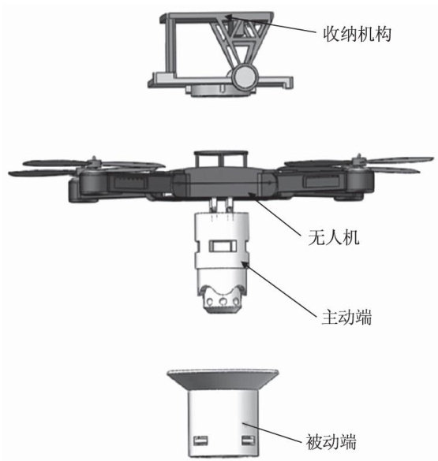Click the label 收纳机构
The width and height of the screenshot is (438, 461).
[x=357, y=35]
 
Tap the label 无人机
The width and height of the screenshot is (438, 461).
[x=334, y=237]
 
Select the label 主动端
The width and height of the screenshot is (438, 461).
[x=346, y=318]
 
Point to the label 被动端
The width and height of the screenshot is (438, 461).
[x=331, y=442]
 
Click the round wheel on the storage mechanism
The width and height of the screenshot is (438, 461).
[x=244, y=76]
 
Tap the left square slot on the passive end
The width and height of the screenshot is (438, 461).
[x=200, y=441]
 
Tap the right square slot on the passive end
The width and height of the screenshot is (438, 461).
[x=248, y=441]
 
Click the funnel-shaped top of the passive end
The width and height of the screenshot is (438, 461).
[x=223, y=380]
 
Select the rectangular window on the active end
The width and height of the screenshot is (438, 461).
[x=223, y=246]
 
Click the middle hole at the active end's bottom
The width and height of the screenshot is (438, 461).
[x=223, y=301]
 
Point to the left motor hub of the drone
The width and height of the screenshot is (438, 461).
[x=94, y=162]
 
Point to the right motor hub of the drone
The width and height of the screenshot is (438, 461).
[x=359, y=161]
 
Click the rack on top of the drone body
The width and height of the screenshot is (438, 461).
[x=221, y=159]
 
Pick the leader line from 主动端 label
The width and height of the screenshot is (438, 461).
[x=280, y=289]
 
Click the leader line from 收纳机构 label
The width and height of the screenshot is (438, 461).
[x=271, y=24]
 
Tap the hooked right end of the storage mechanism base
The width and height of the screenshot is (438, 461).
[x=289, y=82]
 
